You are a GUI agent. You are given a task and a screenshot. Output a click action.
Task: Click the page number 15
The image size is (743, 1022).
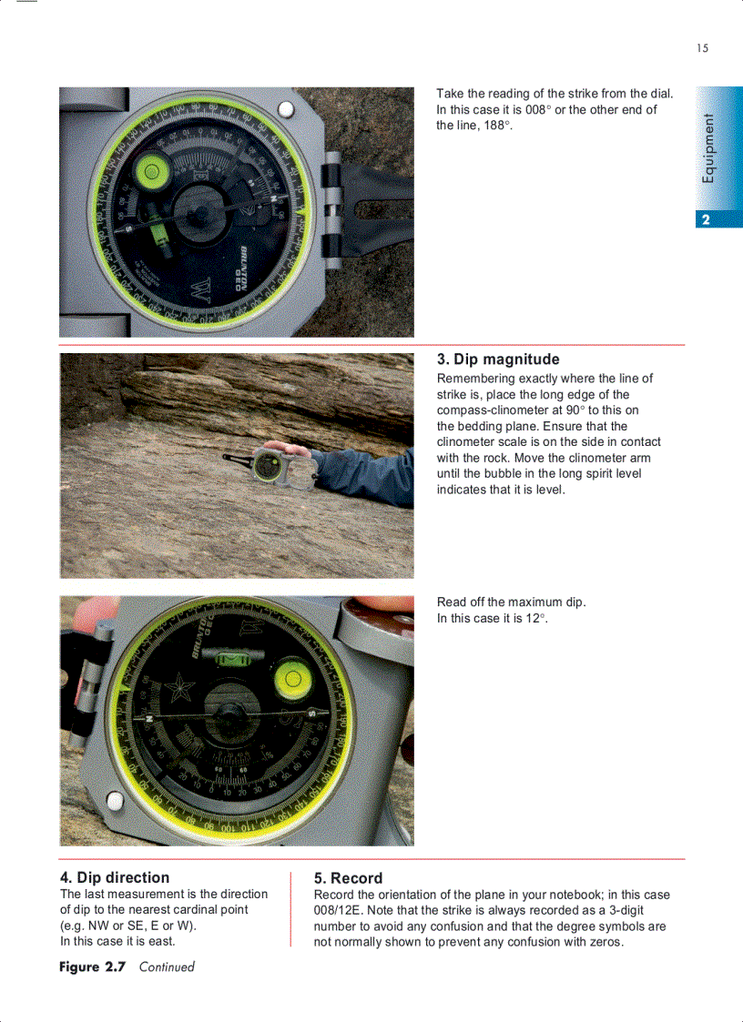pos(702,48)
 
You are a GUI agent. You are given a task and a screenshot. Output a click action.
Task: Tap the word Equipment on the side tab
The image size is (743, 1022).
pos(709,148)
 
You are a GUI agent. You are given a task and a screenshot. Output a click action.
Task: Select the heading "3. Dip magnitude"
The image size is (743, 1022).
pos(498,359)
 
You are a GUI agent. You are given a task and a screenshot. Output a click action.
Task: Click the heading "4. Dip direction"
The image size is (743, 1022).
pos(115,877)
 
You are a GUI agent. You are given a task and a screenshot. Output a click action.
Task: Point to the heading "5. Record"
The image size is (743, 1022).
pos(348,878)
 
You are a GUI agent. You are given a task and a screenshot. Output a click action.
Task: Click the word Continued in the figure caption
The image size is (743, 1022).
pos(167,966)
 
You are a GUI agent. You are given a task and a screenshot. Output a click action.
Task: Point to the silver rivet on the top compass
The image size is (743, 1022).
pos(286,110)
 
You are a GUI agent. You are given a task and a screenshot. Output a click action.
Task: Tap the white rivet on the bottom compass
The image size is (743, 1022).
pos(114,801)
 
